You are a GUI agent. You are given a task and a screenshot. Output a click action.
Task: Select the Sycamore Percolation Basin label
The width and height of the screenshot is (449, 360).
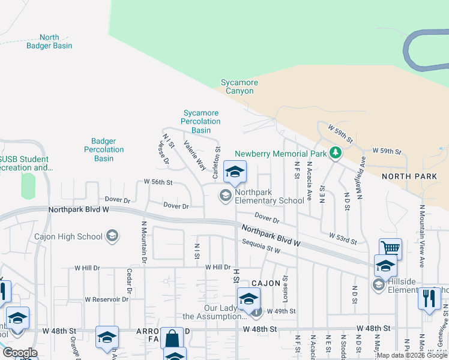coord(201,121)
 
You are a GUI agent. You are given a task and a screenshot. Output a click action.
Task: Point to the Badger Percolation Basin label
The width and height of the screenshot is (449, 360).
coord(104,149)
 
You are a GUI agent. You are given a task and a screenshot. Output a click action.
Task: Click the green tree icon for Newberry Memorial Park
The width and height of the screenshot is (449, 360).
coord(336,154)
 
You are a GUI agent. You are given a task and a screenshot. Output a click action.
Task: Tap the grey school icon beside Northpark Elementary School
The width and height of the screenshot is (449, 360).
coord(226,194)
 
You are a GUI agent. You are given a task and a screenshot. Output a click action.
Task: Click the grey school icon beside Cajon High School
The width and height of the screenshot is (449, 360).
coord(112,236)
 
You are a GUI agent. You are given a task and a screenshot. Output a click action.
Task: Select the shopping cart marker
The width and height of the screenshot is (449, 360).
coord(390,248)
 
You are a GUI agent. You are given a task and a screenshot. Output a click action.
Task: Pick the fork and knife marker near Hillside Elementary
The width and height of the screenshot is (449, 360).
coord(428,297)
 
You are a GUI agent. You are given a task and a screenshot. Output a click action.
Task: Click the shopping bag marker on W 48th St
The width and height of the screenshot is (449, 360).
coord(172,338)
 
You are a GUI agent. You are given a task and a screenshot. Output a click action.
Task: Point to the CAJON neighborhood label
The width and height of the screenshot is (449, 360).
coord(266,283)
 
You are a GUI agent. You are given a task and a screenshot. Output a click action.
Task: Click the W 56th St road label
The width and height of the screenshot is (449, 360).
coord(158,182)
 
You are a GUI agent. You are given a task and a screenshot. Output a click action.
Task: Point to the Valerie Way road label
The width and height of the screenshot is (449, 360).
coord(195,155)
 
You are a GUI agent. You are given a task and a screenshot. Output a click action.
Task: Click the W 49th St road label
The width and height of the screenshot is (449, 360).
coord(282,311)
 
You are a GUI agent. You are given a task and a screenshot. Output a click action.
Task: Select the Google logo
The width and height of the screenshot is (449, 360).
coord(20,353)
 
